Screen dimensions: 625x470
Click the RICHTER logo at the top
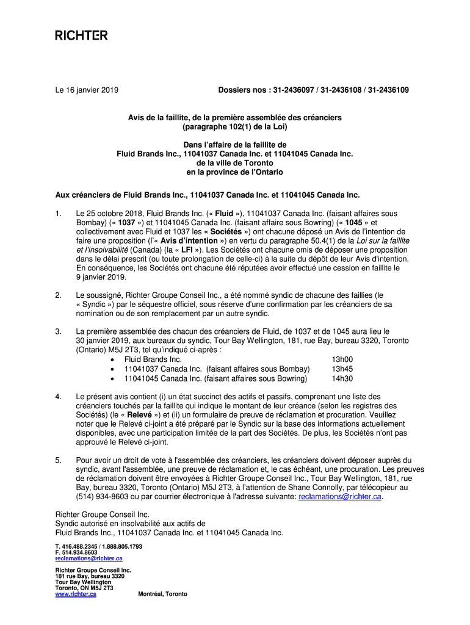tap(81, 36)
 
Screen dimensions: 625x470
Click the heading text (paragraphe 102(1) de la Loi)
tap(235, 127)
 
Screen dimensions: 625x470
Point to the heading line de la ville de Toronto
tap(235, 164)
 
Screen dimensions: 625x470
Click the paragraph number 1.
tap(58, 214)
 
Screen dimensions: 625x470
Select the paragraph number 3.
tap(58, 331)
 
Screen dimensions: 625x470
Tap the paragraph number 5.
tap(58, 460)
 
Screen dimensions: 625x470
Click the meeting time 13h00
tap(342, 359)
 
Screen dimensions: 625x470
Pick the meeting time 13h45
tap(342, 369)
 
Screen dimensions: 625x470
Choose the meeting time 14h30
tap(342, 378)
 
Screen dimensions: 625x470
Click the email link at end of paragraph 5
tap(340, 497)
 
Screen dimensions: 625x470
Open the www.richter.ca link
tap(76, 594)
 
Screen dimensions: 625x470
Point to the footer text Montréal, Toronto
tap(163, 594)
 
